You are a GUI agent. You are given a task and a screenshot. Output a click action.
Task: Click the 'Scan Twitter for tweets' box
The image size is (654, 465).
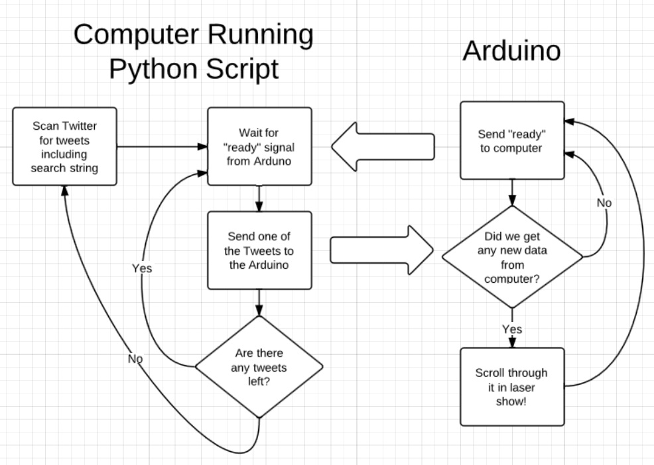point(64,146)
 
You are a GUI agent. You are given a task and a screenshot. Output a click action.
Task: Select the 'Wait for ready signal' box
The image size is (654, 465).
point(259,146)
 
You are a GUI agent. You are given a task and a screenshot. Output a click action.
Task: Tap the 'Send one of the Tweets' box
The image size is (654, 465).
point(259,250)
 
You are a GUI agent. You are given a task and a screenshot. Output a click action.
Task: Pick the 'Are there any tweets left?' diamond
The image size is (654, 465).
point(259,366)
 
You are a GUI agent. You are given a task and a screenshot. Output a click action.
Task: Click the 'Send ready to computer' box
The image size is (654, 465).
point(511,140)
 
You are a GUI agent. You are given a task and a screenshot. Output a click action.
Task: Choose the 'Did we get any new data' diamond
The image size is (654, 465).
point(511,257)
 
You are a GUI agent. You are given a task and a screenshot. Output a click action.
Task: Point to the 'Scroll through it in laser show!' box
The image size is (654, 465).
point(511,387)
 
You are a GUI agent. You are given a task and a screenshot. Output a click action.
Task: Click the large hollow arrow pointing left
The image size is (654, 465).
point(383,146)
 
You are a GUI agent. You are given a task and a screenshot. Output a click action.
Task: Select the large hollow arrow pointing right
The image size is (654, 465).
point(381,250)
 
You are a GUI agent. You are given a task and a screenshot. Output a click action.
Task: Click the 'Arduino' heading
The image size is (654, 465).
point(511,51)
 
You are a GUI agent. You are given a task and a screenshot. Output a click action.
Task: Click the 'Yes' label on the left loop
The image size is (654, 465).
point(142,268)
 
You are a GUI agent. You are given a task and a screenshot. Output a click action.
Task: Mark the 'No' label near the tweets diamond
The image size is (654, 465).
point(135,358)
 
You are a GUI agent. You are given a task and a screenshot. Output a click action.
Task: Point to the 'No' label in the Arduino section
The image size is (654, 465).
point(604,203)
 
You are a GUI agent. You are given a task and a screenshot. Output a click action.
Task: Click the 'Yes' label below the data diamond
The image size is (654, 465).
point(512,329)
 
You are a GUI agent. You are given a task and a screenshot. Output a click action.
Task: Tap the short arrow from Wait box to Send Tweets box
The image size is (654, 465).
point(259,198)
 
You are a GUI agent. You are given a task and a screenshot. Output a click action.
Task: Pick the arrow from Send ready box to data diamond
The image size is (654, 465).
point(512,192)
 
